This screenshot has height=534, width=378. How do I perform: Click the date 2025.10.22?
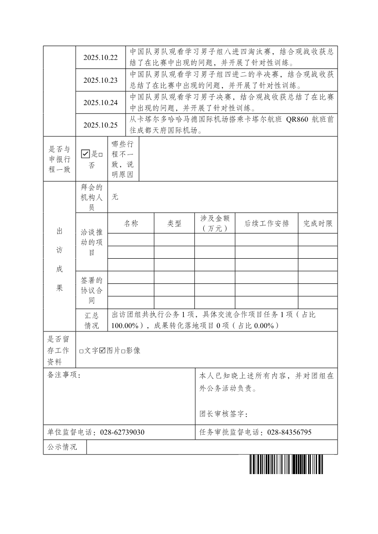[100, 58]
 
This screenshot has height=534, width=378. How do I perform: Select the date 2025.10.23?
[100, 80]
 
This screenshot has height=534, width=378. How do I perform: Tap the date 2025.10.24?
[100, 103]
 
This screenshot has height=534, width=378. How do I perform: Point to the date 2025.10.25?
[100, 126]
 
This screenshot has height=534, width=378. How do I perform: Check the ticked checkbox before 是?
[86, 154]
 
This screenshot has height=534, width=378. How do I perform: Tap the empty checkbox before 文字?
[81, 351]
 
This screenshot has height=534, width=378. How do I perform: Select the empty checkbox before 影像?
[123, 351]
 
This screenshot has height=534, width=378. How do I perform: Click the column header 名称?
[131, 223]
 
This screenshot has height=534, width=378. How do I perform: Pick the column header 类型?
[174, 223]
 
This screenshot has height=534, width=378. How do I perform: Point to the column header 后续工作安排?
[267, 223]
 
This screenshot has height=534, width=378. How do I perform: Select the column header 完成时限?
[318, 223]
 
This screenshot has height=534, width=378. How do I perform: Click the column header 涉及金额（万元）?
[215, 223]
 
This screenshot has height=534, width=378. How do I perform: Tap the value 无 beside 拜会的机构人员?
[115, 197]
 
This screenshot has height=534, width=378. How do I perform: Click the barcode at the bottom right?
[286, 465]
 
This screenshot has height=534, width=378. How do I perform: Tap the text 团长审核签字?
[223, 414]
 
